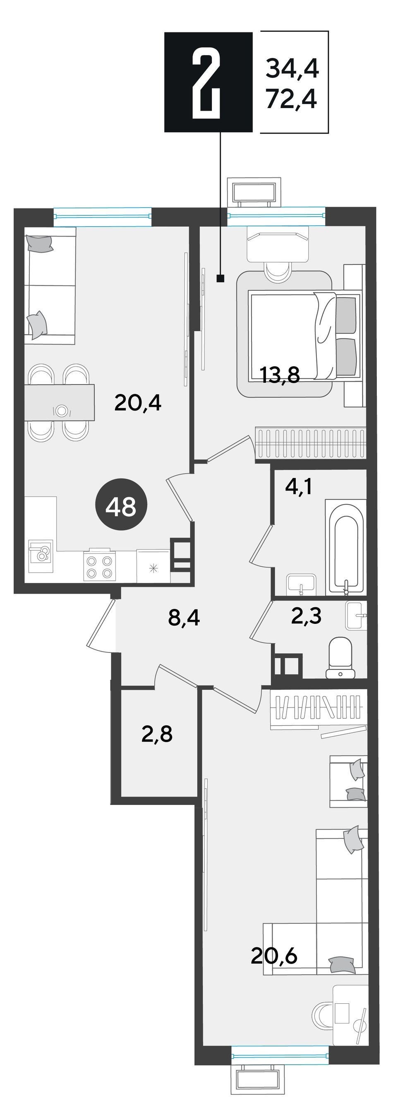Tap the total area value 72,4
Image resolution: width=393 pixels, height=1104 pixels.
tap(292, 100)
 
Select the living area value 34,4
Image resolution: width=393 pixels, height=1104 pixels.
tap(292, 69)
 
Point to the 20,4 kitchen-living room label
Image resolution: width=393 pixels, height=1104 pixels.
tap(137, 402)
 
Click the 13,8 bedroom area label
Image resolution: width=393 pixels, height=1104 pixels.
tap(280, 375)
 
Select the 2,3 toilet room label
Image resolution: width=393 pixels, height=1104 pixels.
tap(306, 616)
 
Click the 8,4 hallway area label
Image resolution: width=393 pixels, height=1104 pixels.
tap(184, 618)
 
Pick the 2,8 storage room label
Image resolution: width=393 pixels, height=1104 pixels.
tap(157, 734)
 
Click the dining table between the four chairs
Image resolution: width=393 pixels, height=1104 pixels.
tap(59, 402)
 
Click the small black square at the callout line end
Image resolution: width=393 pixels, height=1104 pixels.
tap(220, 278)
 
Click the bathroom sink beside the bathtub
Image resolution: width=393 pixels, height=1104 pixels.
tap(302, 584)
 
